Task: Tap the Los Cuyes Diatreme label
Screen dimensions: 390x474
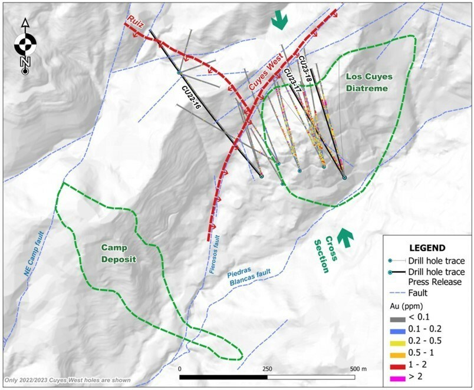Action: pos(363,82)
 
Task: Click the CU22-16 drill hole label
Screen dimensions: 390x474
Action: pos(191,95)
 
